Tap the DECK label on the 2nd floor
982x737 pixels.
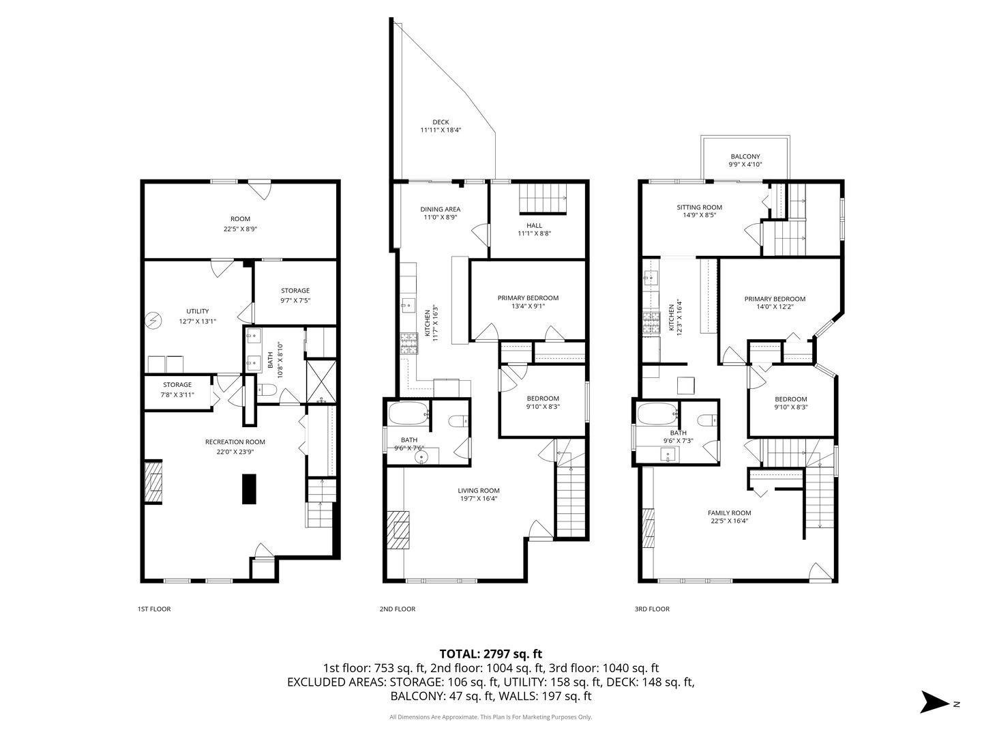(441, 122)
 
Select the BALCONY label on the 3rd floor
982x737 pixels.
(745, 157)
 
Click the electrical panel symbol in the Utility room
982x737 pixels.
(154, 321)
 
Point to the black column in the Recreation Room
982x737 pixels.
(249, 489)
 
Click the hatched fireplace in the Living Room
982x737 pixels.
(398, 530)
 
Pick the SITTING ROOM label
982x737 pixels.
(699, 207)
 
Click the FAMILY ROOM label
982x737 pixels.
(729, 512)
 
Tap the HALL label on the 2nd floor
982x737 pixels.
(534, 225)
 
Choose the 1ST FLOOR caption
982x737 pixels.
(154, 609)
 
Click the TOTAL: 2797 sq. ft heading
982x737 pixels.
(491, 654)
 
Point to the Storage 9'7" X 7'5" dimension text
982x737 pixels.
(295, 300)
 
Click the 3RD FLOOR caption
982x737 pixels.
(652, 609)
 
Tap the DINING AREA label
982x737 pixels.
(441, 209)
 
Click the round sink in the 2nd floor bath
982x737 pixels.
(421, 457)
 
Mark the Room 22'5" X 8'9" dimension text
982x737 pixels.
(240, 229)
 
